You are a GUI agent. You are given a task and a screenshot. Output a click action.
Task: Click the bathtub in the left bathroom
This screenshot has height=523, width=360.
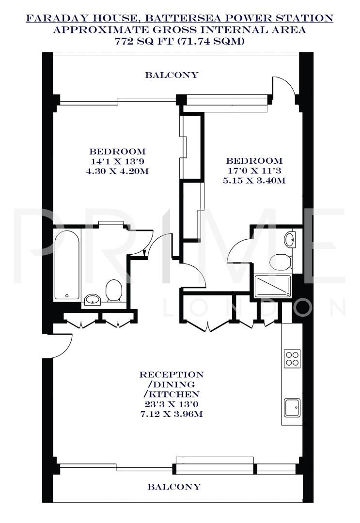tap(67, 265)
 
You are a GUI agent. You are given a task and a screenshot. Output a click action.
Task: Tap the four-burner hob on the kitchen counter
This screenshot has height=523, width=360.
tap(292, 359)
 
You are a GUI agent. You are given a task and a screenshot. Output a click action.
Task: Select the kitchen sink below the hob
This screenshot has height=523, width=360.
tap(292, 407)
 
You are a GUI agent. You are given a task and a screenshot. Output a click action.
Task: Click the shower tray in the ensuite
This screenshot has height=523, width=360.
tap(273, 286)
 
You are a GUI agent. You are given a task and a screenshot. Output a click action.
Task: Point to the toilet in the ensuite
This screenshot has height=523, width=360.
tap(280, 261)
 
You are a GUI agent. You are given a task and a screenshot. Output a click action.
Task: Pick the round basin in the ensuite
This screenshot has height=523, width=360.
tap(290, 239)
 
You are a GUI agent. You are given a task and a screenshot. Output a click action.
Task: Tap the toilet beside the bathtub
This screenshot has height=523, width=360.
tap(113, 290)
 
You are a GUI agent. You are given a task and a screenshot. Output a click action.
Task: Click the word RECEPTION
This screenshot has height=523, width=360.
tap(172, 375)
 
